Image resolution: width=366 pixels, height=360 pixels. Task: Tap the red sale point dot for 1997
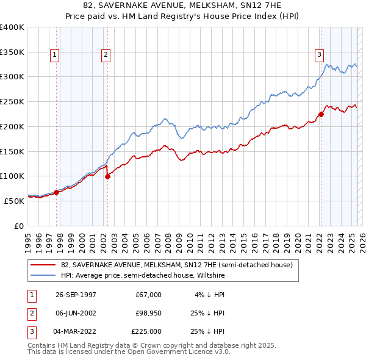(56, 192)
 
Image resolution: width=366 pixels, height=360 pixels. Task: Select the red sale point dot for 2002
(107, 176)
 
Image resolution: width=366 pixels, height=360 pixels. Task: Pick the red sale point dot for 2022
(321, 114)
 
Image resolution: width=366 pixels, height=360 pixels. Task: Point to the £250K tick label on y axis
(12, 102)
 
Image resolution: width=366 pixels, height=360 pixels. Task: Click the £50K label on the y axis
(14, 201)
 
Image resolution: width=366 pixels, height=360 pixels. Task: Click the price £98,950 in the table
(148, 313)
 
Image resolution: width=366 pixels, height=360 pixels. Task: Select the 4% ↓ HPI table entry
(210, 295)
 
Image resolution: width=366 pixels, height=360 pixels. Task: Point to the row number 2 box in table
(30, 313)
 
